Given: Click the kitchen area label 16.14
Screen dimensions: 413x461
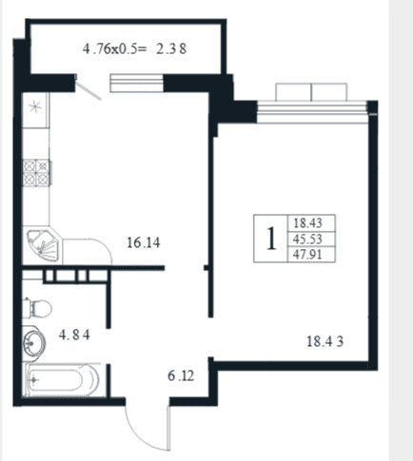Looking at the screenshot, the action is point(144,242).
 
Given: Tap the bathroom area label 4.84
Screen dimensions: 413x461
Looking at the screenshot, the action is point(74,335).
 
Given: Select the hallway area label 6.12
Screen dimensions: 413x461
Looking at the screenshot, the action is point(181,375).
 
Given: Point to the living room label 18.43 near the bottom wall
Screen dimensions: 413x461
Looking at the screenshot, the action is point(325,341).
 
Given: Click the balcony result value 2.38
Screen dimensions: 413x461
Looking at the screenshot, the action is point(171,48).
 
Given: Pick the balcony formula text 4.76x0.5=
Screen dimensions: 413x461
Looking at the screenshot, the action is point(115,48).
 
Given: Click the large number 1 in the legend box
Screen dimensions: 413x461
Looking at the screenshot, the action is point(270,239).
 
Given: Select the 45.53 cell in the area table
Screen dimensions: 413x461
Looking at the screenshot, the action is point(307,239).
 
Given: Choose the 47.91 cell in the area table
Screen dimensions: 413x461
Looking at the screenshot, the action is point(307,255).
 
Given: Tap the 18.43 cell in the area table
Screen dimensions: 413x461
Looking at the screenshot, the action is point(307,223).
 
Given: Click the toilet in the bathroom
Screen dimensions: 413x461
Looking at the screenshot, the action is point(37,308).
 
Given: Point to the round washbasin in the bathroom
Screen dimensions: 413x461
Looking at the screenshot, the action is point(33,342).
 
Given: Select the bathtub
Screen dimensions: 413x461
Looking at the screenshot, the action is point(62,379).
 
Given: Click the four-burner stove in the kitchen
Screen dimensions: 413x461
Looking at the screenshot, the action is point(36,173).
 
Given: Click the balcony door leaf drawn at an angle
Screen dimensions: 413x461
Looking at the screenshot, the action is point(88,90).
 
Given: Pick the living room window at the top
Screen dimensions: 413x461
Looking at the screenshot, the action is point(312,111).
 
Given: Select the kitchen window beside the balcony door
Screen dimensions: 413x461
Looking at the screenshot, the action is point(137,83).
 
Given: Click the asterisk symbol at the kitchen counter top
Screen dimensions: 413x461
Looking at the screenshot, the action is point(35,106).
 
